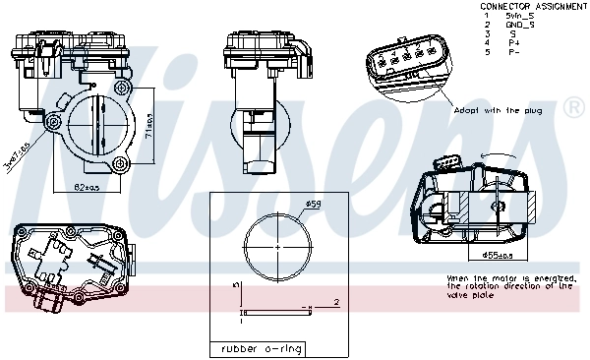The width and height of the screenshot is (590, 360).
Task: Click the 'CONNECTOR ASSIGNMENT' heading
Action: [534, 6]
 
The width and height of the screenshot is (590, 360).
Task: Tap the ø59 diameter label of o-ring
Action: [313, 204]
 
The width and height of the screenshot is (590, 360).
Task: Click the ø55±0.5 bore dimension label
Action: [498, 256]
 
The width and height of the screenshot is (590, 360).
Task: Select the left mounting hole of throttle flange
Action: [53, 122]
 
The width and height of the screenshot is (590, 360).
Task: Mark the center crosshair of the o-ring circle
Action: [275, 244]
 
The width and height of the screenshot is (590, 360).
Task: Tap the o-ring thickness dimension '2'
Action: [335, 302]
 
